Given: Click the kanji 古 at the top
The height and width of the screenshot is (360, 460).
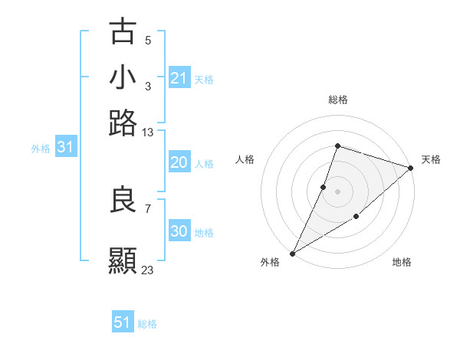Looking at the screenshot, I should (x=123, y=32).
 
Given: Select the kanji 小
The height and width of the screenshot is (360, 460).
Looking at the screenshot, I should (x=123, y=78).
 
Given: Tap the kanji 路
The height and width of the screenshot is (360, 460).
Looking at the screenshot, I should (x=123, y=123).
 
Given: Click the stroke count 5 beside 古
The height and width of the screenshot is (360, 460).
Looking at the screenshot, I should (x=148, y=40).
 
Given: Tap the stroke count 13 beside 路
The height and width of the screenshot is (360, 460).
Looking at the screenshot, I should (x=148, y=132).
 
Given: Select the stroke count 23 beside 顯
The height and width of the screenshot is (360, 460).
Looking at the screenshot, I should (x=148, y=270).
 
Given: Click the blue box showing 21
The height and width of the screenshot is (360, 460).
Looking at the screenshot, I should (x=179, y=78).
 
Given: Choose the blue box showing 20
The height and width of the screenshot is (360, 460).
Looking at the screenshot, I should (x=179, y=162).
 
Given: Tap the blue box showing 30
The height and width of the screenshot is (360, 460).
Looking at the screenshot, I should (x=179, y=232).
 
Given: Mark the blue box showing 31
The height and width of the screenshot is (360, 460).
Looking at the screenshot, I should (x=65, y=148).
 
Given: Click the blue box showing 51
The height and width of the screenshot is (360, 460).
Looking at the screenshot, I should (x=123, y=322).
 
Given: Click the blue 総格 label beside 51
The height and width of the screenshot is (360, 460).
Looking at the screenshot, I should (x=147, y=324).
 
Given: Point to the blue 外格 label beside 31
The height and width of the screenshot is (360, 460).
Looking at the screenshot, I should (x=41, y=149).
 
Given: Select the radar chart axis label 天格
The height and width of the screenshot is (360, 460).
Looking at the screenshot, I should (x=431, y=159).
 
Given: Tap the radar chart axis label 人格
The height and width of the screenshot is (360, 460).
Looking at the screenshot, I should (x=245, y=159).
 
